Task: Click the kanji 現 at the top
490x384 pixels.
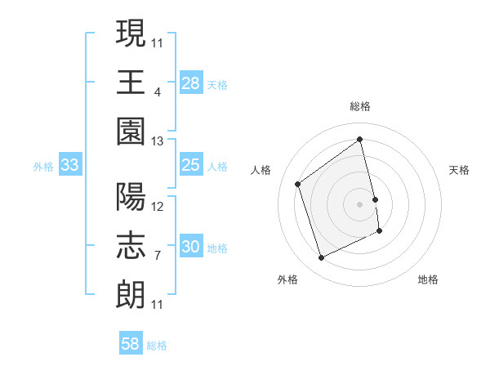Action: click(x=131, y=34)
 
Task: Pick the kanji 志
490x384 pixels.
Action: click(x=131, y=244)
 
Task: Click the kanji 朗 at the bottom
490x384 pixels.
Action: click(x=131, y=292)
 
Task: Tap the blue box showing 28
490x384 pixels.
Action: click(x=191, y=83)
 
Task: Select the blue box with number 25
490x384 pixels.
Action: click(x=191, y=164)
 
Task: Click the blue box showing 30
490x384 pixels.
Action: click(x=191, y=246)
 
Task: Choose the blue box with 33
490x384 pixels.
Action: click(x=70, y=165)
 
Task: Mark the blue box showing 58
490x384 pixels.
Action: click(x=131, y=344)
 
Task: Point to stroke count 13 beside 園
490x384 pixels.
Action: click(x=158, y=141)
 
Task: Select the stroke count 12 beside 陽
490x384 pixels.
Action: click(x=158, y=206)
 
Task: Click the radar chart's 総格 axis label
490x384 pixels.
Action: click(x=360, y=106)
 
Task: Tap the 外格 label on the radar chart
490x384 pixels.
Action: click(x=287, y=279)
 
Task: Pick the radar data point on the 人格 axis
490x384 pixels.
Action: click(x=298, y=184)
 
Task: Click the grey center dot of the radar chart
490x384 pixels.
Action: click(x=360, y=203)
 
